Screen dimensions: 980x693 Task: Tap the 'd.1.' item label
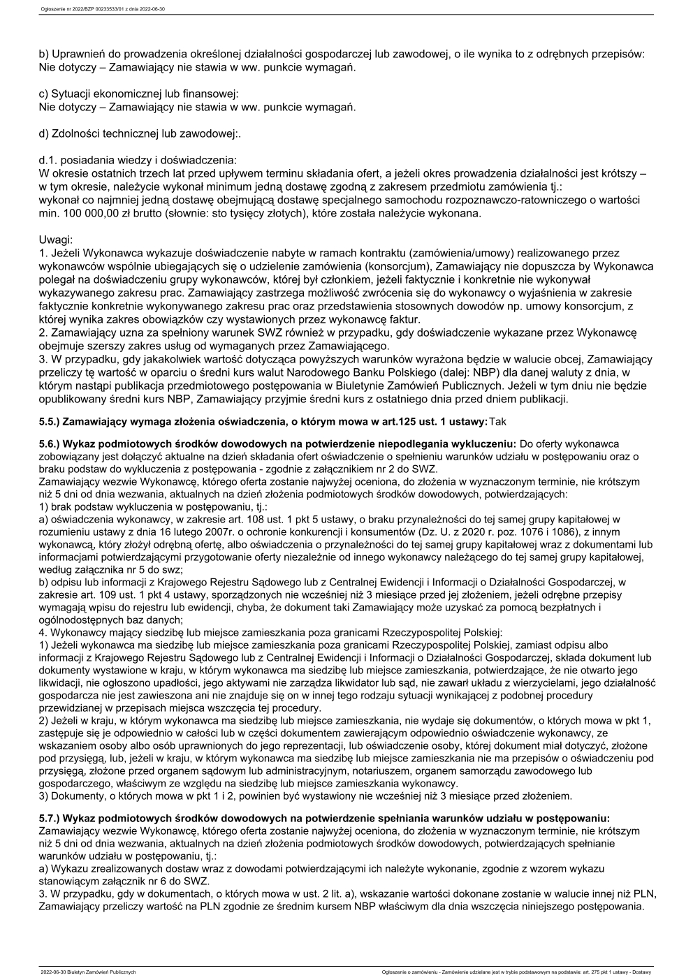click(x=48, y=160)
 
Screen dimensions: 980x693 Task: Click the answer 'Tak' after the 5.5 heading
click(x=498, y=421)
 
